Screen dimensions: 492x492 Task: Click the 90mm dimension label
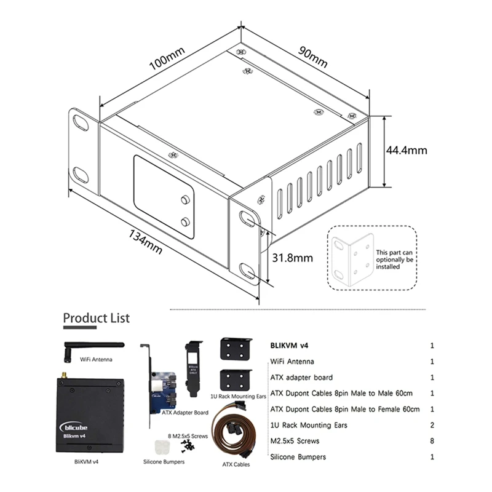tap(313, 57)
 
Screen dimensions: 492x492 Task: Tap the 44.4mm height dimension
tap(407, 149)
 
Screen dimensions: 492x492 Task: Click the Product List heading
tap(97, 318)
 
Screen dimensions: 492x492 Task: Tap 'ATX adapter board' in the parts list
tap(302, 378)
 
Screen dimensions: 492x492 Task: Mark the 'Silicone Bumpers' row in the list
tap(298, 457)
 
